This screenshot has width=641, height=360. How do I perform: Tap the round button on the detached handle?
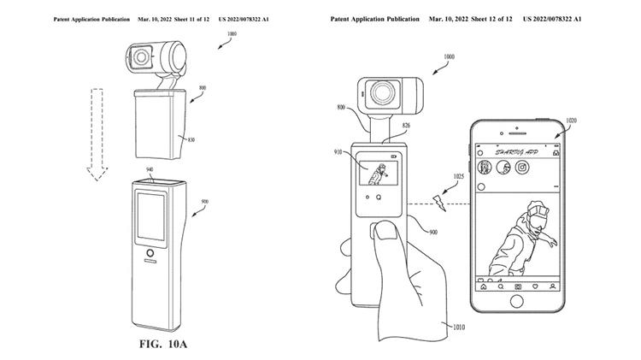click(151, 254)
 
